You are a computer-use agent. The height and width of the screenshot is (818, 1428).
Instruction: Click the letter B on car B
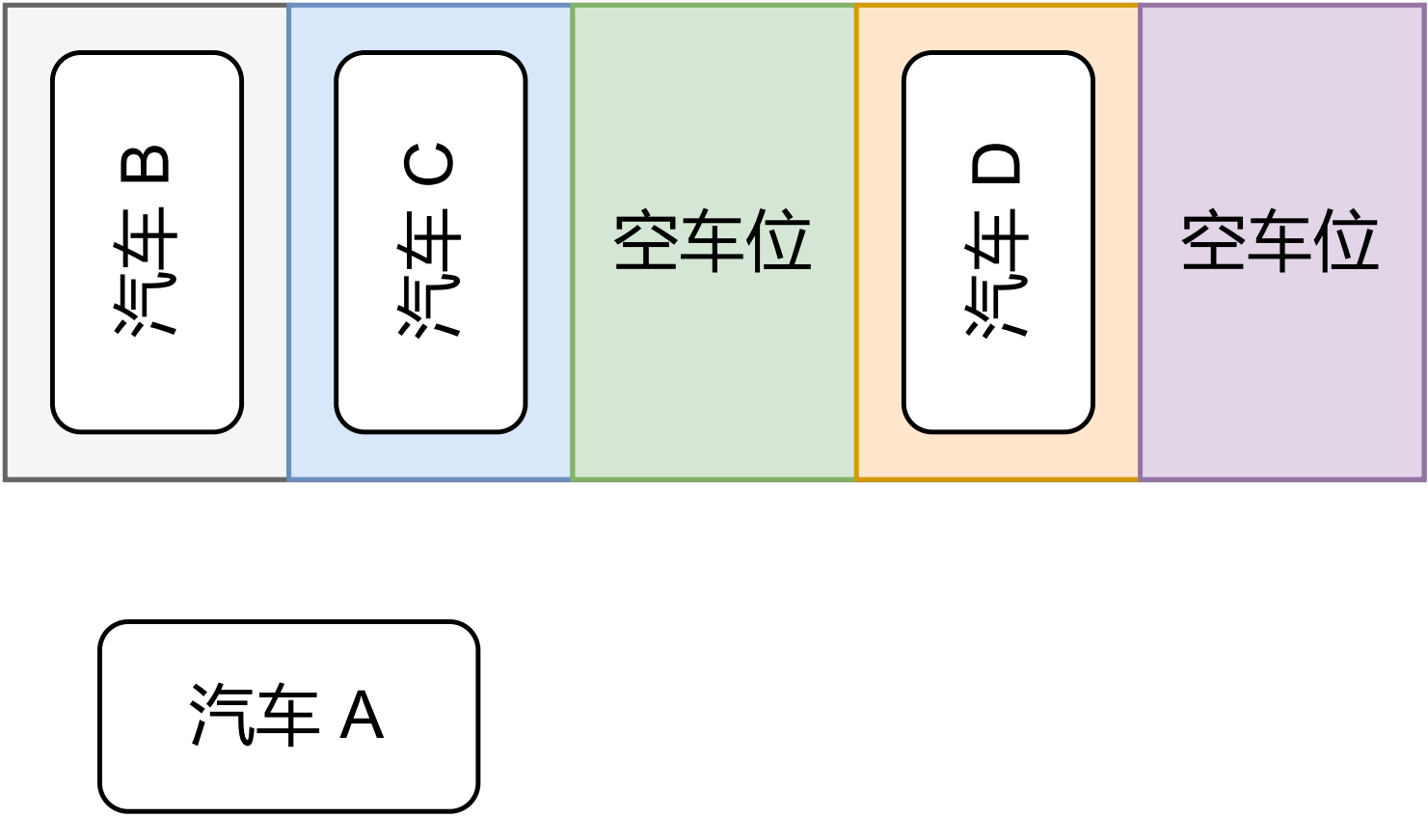[x=146, y=164]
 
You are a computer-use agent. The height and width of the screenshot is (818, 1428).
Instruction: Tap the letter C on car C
[x=430, y=164]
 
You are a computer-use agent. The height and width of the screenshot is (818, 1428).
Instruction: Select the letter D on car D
[x=997, y=164]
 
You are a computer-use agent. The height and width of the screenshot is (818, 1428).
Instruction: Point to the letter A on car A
[x=363, y=716]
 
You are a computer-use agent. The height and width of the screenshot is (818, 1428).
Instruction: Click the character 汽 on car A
[x=220, y=715]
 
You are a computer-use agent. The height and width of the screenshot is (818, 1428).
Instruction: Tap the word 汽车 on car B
[x=147, y=272]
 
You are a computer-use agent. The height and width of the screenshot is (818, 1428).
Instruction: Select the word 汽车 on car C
[x=430, y=273]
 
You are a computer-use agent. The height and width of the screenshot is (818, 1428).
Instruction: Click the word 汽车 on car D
[x=997, y=273]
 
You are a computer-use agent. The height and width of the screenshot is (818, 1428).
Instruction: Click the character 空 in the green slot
[x=646, y=240]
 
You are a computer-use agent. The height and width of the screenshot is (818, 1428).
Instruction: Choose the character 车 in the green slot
[x=713, y=240]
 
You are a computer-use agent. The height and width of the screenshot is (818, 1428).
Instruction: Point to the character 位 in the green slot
[x=779, y=240]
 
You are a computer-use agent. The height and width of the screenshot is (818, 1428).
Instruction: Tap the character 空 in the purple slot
[x=1214, y=240]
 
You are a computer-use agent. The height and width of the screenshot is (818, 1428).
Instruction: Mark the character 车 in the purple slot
[x=1280, y=240]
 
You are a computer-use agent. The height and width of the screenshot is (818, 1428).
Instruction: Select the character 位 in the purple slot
[x=1346, y=240]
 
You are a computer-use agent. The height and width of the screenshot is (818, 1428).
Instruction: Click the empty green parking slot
[x=713, y=386]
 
